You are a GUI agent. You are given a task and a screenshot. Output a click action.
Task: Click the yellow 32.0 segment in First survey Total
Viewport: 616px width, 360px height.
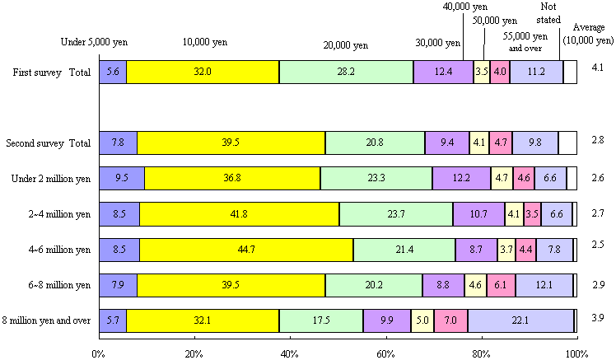tap(203, 72)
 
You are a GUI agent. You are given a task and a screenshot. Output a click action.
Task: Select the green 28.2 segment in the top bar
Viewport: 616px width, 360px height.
tap(346, 72)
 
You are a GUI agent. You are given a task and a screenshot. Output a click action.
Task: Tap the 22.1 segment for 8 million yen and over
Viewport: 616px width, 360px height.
tap(520, 320)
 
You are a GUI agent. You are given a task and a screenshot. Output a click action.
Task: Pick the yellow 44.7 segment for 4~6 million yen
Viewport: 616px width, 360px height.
tap(246, 250)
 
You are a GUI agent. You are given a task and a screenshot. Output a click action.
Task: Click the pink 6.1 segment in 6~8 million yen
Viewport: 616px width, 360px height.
tap(502, 285)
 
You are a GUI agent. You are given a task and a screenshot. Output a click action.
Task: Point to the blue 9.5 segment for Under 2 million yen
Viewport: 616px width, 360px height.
tap(121, 179)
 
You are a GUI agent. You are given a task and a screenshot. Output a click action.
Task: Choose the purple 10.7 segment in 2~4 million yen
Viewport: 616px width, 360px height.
tap(478, 214)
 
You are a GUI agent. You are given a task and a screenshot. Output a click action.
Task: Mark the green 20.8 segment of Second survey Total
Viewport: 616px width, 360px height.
tap(375, 143)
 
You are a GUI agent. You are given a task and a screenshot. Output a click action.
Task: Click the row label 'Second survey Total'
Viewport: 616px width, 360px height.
tap(48, 143)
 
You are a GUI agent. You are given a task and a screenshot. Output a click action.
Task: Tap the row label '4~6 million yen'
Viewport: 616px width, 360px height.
tap(59, 250)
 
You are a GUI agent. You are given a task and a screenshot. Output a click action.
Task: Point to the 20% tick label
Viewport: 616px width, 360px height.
tap(194, 353)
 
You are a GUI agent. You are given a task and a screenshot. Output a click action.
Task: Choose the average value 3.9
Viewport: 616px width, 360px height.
tap(599, 319)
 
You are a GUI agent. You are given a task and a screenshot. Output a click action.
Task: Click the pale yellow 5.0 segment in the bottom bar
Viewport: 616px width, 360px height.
tap(422, 320)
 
